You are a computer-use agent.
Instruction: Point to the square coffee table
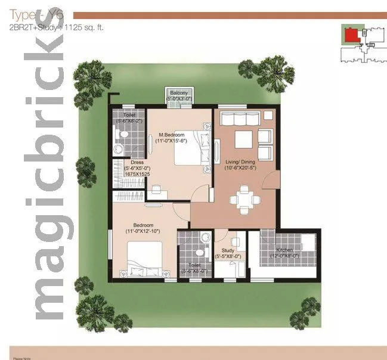point(243,138)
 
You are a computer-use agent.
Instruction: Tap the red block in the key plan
point(352,35)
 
